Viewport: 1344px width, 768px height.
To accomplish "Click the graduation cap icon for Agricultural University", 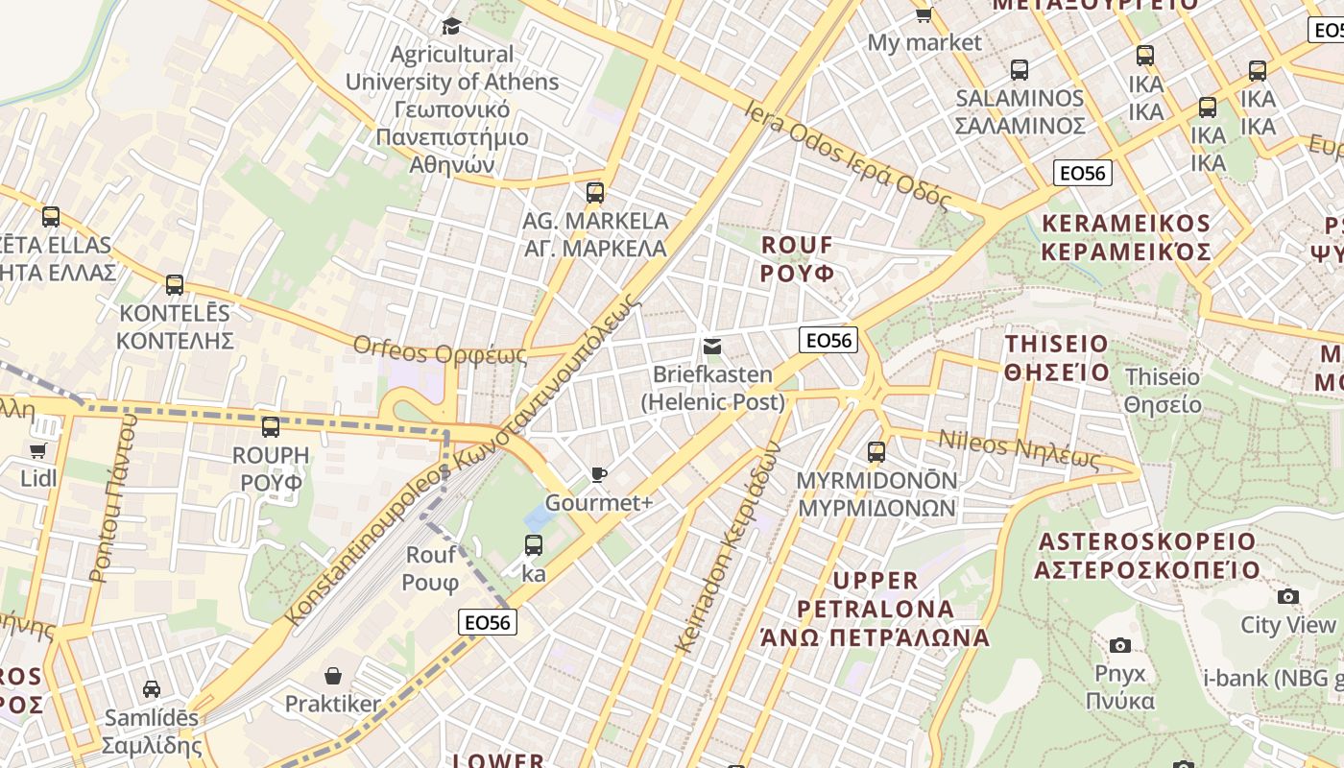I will point(451,26).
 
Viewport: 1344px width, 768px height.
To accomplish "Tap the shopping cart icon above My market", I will point(924,14).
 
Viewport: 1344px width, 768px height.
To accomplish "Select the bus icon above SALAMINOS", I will point(1020,70).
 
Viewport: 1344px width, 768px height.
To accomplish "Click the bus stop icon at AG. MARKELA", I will point(595,193).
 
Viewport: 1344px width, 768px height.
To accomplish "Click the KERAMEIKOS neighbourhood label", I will point(1125,237).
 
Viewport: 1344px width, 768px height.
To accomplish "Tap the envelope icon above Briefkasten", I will point(712,347).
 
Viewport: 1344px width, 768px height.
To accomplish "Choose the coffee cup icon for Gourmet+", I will point(599,475).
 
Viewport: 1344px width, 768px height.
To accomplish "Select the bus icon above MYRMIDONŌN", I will point(876,452).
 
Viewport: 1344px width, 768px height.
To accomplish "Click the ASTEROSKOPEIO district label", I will point(1146,555).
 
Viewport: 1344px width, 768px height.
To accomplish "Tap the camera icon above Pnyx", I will point(1119,645).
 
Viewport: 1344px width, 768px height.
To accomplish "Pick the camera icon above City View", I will point(1288,597).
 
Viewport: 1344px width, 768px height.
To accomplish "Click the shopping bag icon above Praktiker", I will point(333,677).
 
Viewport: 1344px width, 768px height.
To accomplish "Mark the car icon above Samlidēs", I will point(152,689).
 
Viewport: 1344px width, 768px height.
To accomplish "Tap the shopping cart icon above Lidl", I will point(38,451).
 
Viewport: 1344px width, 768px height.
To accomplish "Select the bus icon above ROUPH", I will point(271,427).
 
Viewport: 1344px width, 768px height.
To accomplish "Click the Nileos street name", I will point(1019,449).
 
